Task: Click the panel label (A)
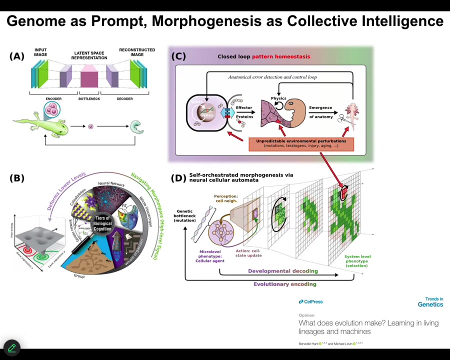coord(16,56)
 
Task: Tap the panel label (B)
coord(16,178)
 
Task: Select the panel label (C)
coord(178,56)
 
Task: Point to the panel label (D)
coord(178,178)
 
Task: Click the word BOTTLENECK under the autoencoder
coord(89,99)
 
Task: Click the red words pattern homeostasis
coord(280,56)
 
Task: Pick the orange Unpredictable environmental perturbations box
coord(301,143)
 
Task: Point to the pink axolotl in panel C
coord(352,112)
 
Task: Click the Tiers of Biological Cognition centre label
coord(102,223)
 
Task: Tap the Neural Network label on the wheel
coord(111,184)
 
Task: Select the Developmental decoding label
coord(282,271)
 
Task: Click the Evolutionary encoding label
coord(284,284)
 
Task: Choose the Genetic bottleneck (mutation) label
coord(185,215)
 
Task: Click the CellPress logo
coord(310,301)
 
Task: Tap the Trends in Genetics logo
coord(430,302)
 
